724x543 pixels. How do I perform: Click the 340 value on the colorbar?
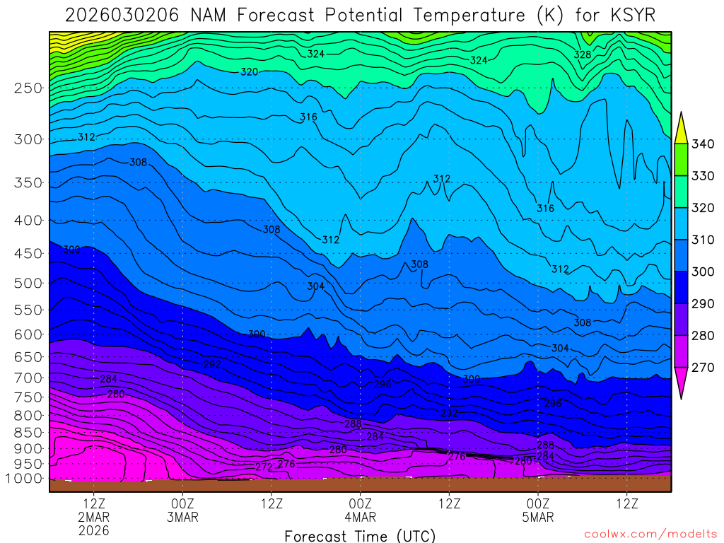click(703, 144)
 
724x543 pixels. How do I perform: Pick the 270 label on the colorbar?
click(703, 367)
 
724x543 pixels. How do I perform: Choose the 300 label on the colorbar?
click(703, 271)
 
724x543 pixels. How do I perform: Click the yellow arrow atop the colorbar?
click(682, 127)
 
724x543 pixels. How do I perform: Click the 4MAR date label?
click(360, 517)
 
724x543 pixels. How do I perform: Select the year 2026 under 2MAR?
click(95, 530)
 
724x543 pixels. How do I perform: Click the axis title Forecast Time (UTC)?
click(360, 535)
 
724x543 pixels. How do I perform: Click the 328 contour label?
click(583, 54)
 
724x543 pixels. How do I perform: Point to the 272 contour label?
click(264, 467)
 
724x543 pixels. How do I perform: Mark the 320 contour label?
click(249, 72)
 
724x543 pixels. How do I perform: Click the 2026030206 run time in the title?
click(121, 15)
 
